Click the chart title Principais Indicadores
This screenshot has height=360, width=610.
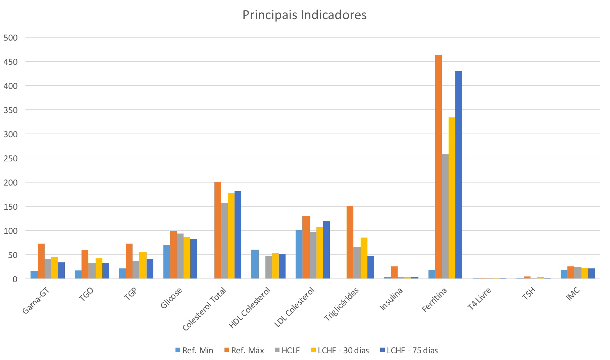click(x=304, y=15)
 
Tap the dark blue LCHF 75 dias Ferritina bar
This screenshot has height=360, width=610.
click(x=458, y=175)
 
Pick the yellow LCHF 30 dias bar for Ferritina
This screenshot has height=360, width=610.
click(x=452, y=198)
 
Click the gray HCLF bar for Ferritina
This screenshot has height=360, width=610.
click(x=445, y=216)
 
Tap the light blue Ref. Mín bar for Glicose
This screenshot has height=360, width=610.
click(x=167, y=262)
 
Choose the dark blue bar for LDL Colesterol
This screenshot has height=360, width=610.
click(x=326, y=250)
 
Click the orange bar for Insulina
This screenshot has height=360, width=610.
click(x=394, y=272)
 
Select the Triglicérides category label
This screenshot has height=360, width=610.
click(x=342, y=304)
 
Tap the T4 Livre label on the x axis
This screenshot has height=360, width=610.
click(x=479, y=299)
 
